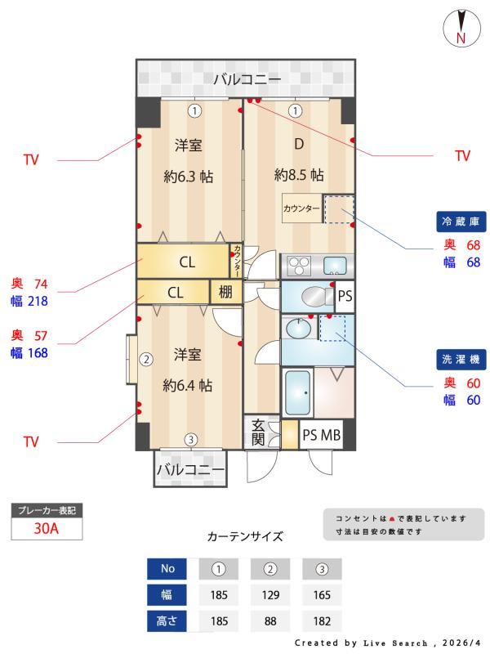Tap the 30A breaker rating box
click(x=47, y=528)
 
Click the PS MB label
click(x=321, y=435)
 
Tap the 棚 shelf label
click(x=226, y=292)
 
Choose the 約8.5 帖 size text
click(x=299, y=175)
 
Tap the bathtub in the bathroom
click(x=298, y=393)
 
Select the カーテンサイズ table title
click(x=245, y=537)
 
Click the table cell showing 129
click(x=270, y=594)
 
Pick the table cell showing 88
click(x=270, y=620)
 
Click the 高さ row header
click(x=167, y=620)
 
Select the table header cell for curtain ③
click(x=322, y=568)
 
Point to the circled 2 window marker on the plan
click(x=146, y=359)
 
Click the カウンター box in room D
click(x=301, y=209)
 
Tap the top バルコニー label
click(x=247, y=79)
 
